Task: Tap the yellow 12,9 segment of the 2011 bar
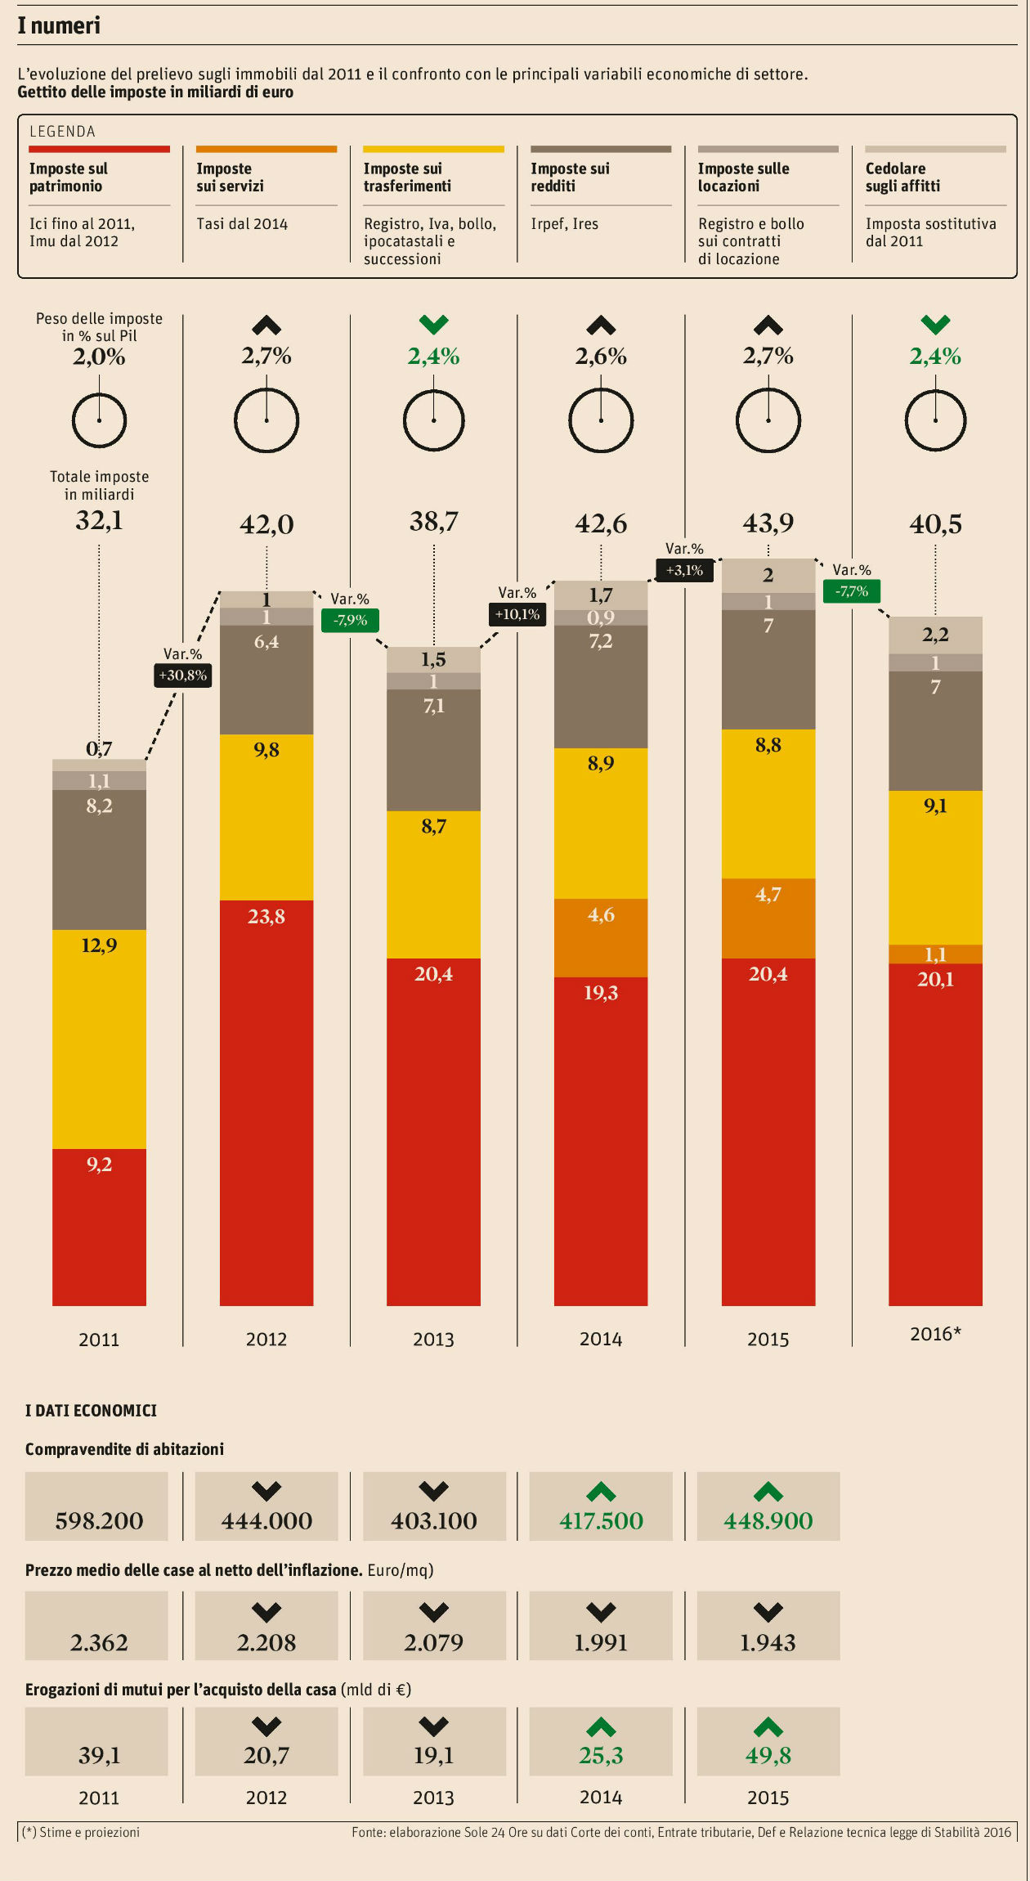99,1039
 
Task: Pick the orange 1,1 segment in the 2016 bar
935,954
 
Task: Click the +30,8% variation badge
183,675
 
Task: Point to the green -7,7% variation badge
851,590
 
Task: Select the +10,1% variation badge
517,613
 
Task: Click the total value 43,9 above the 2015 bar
768,523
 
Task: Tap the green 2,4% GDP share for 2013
433,356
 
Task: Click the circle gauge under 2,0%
99,420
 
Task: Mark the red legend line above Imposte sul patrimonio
99,149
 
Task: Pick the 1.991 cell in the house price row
601,1627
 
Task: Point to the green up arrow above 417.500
601,1492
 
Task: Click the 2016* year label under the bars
935,1334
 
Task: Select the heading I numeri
59,25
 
